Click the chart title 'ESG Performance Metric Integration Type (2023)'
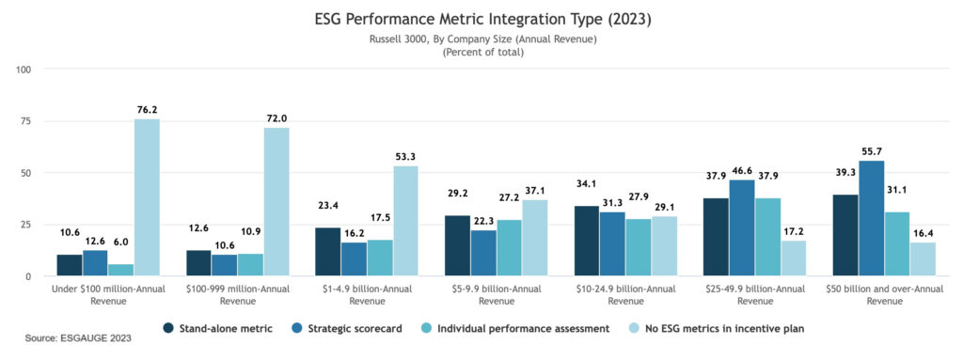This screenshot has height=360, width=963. [481, 18]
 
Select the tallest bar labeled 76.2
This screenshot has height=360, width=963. [147, 197]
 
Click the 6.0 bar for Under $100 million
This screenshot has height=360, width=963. [121, 270]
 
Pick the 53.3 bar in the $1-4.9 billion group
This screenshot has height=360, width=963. [404, 221]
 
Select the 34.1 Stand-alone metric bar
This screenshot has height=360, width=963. [585, 241]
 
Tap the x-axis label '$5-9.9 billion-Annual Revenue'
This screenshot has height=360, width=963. [482, 295]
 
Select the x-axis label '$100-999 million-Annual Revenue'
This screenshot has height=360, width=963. [225, 295]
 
